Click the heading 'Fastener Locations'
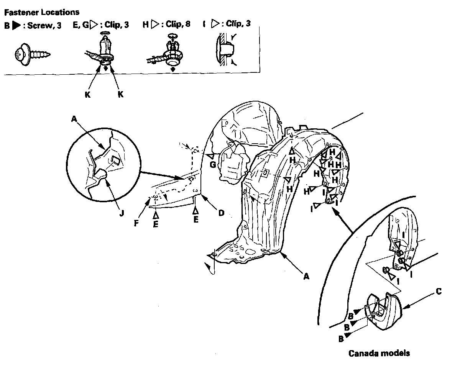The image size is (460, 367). coord(42,12)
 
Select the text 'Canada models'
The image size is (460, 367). coord(379,353)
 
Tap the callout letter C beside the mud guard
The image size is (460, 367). coord(439,292)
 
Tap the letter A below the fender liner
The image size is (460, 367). coord(306,276)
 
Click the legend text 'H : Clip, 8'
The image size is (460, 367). coord(166,24)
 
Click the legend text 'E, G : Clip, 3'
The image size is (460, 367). coord(100,25)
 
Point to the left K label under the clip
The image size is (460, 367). coord(88,94)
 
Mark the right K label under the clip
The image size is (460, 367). coord(121,94)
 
